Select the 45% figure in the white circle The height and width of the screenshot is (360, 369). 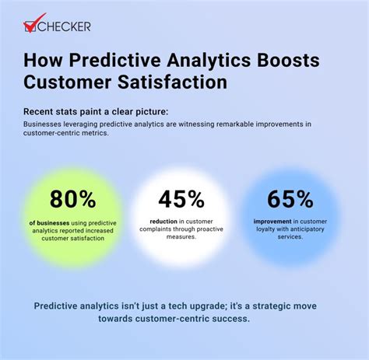coord(181,200)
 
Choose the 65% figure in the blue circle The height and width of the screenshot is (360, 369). coord(290,200)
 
